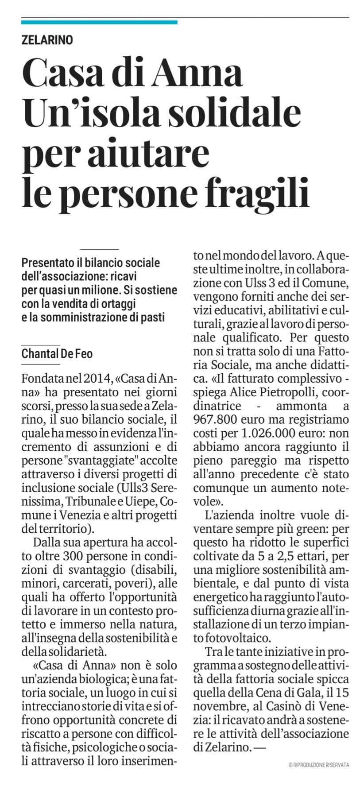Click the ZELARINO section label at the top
pos(47,40)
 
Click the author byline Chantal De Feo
pos(57,354)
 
